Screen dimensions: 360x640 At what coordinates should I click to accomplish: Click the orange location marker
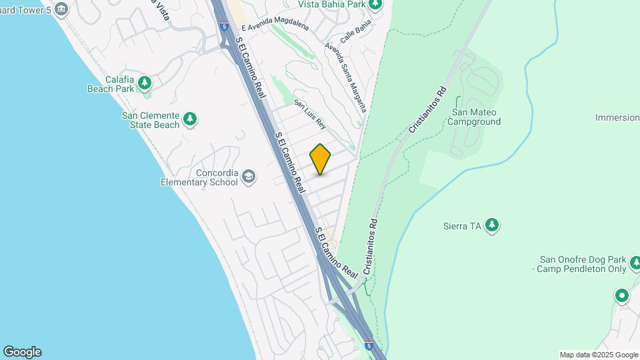(x=320, y=159)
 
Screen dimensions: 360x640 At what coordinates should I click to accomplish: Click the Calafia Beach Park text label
(x=111, y=83)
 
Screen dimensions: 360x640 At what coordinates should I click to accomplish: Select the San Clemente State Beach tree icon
(x=191, y=119)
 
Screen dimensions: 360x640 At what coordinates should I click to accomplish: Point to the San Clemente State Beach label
(x=150, y=120)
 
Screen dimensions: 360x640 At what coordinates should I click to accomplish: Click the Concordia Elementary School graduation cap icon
(x=249, y=176)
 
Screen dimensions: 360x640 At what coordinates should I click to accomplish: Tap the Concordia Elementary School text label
(x=199, y=177)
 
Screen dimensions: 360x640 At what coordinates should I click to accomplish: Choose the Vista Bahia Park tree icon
(x=376, y=5)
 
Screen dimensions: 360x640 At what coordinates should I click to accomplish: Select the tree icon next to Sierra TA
(x=492, y=225)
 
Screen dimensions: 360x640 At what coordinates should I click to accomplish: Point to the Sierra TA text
(x=462, y=226)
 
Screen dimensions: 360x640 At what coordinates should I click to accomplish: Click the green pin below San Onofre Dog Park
(x=622, y=295)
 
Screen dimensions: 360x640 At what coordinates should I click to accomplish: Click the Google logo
(x=22, y=352)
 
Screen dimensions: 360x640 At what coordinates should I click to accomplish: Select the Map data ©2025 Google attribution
(x=599, y=355)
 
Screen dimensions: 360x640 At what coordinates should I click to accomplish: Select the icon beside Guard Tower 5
(x=62, y=9)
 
